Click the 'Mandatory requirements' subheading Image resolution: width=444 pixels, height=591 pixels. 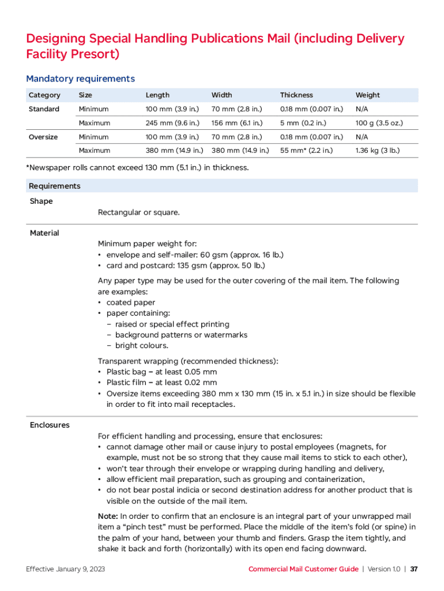[80, 78]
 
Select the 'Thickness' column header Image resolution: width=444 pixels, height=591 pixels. [296, 95]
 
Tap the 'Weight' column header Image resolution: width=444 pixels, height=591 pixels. [367, 95]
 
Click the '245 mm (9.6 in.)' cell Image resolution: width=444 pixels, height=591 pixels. [172, 123]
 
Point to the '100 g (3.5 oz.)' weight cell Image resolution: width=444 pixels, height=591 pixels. [379, 123]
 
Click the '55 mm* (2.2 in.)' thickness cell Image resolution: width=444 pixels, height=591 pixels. [306, 151]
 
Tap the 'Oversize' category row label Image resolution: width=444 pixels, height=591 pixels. [43, 137]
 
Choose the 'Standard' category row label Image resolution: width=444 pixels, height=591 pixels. [44, 109]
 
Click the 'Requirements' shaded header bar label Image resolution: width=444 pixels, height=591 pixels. [54, 186]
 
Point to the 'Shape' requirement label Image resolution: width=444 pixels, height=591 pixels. [41, 201]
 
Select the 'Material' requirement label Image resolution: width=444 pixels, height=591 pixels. [44, 233]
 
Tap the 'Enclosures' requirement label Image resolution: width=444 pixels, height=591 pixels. [50, 425]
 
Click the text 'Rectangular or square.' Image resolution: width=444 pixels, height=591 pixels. [138, 212]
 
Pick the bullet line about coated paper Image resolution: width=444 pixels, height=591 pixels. [130, 302]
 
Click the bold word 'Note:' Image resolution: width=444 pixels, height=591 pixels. [108, 516]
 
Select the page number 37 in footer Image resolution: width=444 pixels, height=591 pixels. [414, 569]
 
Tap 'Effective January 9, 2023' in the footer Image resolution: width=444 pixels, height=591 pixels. [65, 569]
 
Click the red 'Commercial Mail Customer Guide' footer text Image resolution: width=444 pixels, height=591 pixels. [303, 569]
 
